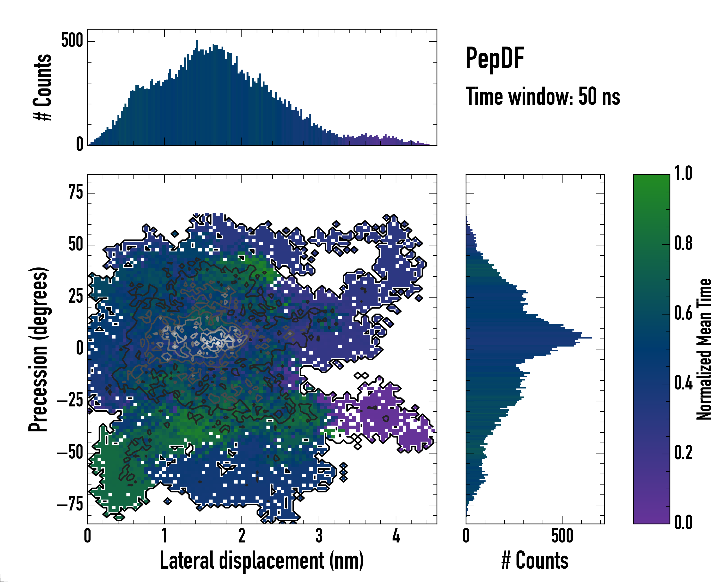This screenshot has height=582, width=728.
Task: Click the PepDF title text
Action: point(494,58)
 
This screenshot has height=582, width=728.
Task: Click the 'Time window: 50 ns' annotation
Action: point(543,97)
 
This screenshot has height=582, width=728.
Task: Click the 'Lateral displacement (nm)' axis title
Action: point(262,560)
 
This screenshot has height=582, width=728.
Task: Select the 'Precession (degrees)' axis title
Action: point(38,349)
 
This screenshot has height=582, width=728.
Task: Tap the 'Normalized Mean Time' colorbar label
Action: point(704,349)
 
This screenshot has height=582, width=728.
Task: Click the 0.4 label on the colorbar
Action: point(683,384)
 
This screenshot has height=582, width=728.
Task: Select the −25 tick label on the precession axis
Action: point(70,401)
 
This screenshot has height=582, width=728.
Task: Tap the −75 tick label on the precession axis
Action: point(70,505)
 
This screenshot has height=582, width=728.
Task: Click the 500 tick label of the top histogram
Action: point(72,41)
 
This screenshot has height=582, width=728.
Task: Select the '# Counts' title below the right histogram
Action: point(535,560)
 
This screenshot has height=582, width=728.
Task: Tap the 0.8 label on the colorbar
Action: point(683,244)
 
